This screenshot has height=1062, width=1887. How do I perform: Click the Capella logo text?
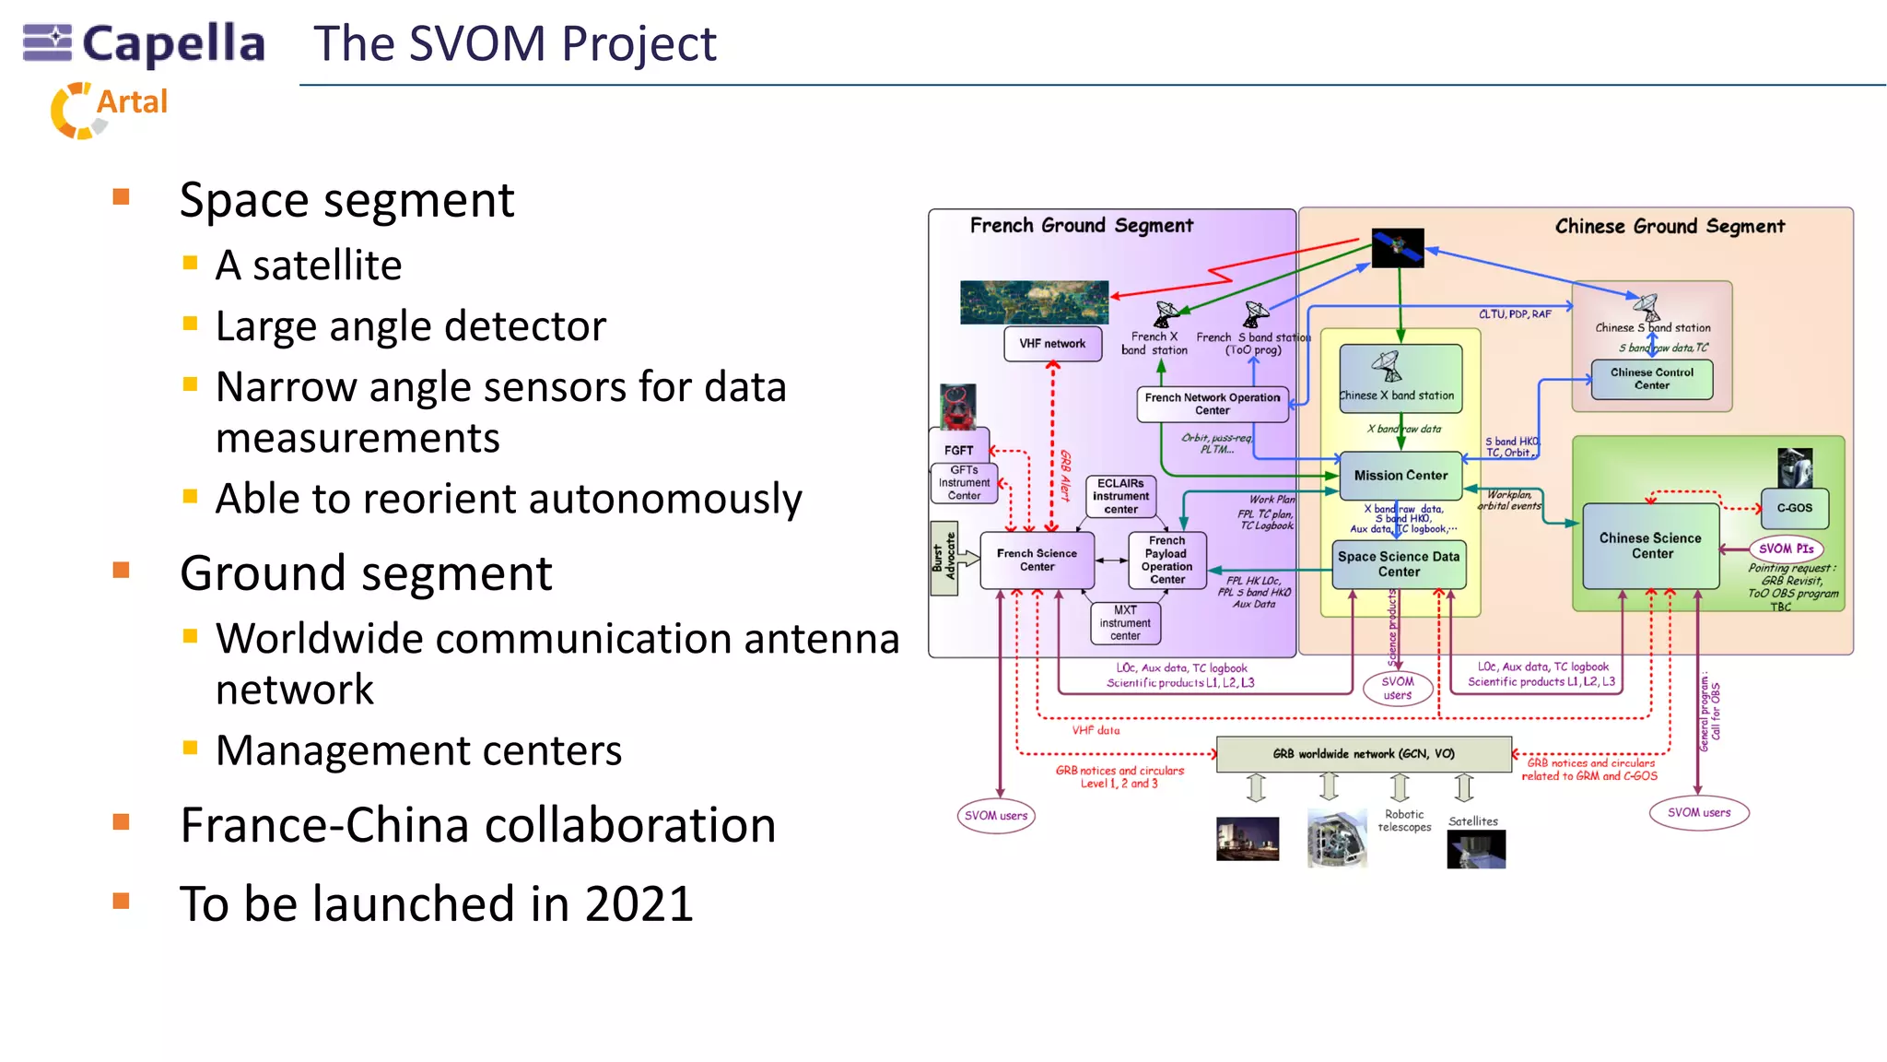coord(173,43)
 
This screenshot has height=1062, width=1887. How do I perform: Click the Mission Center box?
coord(1401,475)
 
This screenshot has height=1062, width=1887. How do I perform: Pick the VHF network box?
coord(1052,344)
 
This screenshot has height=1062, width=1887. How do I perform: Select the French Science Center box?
coord(1037,560)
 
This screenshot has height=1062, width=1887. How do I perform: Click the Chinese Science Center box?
coord(1651,546)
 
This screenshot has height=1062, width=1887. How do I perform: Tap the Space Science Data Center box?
coord(1399,563)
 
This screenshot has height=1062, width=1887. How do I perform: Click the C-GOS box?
coord(1794,508)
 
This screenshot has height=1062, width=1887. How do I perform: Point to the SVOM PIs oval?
coord(1786,549)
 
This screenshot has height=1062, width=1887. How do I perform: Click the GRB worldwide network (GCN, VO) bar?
coord(1363,753)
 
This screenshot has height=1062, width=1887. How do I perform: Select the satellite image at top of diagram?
coord(1398,248)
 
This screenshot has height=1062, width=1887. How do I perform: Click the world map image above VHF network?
coord(1034,302)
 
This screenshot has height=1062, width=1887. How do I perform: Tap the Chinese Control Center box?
coord(1651,378)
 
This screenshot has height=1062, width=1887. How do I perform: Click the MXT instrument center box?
coord(1125,623)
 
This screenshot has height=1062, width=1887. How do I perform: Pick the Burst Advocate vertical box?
coord(943,559)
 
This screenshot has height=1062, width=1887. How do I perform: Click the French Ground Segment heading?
coord(1081,225)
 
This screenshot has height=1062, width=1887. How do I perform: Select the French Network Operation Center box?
coord(1212,404)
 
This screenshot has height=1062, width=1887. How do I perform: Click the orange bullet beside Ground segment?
coord(122,571)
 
